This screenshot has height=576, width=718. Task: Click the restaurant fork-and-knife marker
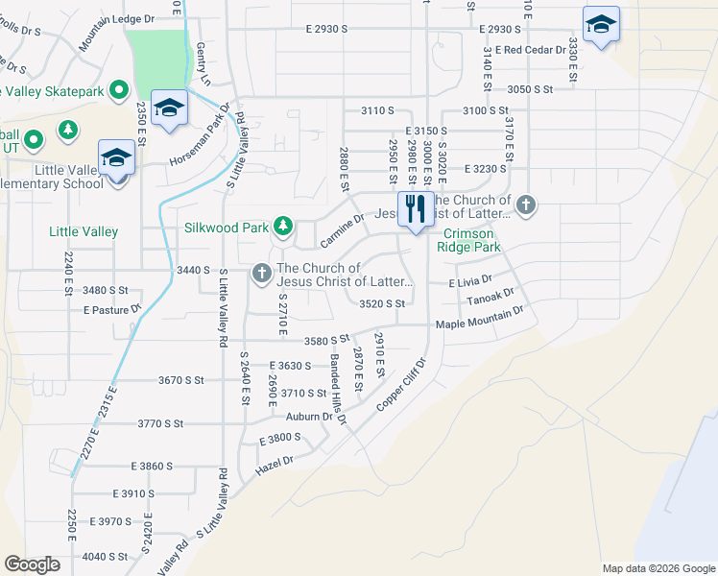tap(416, 210)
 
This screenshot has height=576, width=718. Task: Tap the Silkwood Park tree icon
tap(283, 227)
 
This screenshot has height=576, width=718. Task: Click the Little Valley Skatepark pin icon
tap(119, 90)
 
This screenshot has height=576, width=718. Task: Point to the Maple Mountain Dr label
tap(480, 318)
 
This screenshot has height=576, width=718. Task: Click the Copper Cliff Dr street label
tap(400, 385)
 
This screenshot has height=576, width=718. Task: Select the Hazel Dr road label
tap(274, 465)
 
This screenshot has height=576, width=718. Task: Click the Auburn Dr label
tap(309, 417)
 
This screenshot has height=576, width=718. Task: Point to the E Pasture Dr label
tap(112, 309)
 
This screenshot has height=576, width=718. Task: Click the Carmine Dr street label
tap(343, 229)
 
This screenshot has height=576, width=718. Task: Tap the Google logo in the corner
tap(32, 564)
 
